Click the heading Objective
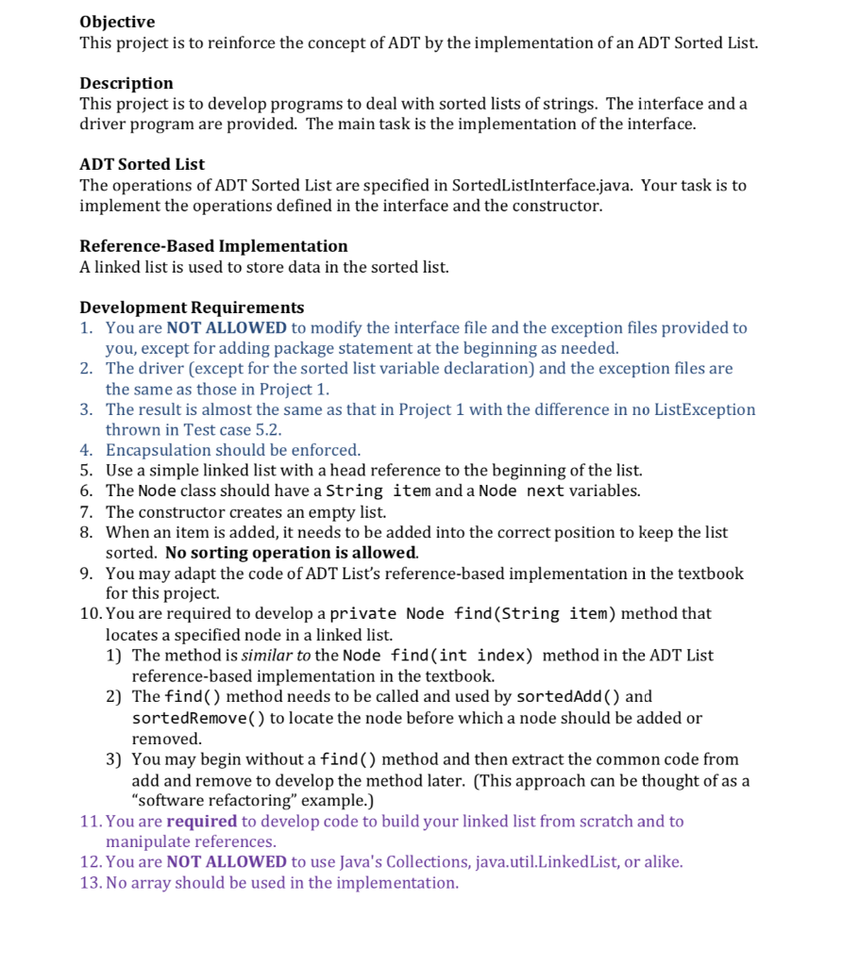pos(117,22)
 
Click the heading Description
pos(126,83)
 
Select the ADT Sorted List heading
pos(142,164)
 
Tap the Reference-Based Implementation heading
pos(213,246)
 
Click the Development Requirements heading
pos(192,308)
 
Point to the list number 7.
pos(86,512)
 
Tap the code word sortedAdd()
pos(568,697)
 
